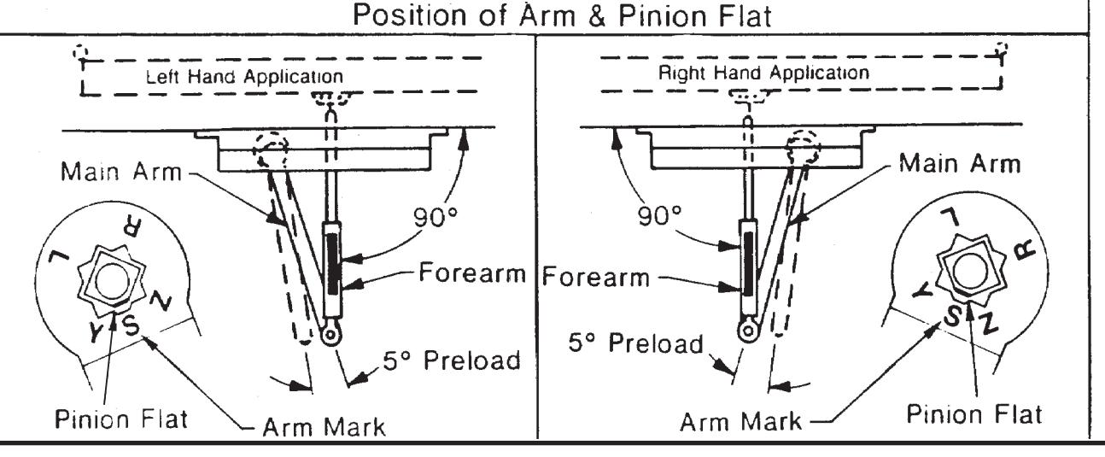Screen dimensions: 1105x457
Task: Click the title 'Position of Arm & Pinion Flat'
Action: click(x=562, y=15)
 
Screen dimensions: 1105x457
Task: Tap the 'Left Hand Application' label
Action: click(x=245, y=77)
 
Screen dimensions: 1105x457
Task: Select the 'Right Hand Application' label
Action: click(x=763, y=73)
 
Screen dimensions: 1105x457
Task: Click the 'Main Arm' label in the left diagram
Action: click(x=121, y=172)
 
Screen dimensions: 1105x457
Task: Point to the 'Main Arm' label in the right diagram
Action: click(x=960, y=163)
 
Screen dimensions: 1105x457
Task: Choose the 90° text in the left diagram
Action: click(x=436, y=217)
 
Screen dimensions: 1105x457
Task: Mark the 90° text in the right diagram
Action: click(x=659, y=215)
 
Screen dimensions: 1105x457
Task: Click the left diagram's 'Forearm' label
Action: click(x=472, y=272)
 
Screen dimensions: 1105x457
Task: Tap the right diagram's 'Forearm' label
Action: click(x=596, y=277)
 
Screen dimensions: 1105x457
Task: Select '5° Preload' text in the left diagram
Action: click(x=452, y=360)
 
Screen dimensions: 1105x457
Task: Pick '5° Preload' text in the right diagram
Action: click(x=636, y=343)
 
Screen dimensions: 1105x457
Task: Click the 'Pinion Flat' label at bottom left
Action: click(x=121, y=419)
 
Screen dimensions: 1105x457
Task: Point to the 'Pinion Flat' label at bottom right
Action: click(x=974, y=414)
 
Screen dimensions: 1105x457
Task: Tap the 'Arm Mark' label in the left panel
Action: click(x=324, y=427)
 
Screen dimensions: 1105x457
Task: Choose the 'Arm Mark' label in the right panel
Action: click(x=741, y=422)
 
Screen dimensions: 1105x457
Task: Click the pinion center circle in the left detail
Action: click(x=113, y=281)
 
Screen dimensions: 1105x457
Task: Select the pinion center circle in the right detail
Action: click(x=970, y=272)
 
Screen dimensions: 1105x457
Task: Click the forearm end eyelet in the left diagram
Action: click(x=330, y=335)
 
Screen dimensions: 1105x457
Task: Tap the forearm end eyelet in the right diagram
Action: click(x=748, y=331)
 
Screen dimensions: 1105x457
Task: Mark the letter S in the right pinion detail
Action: click(x=953, y=316)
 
